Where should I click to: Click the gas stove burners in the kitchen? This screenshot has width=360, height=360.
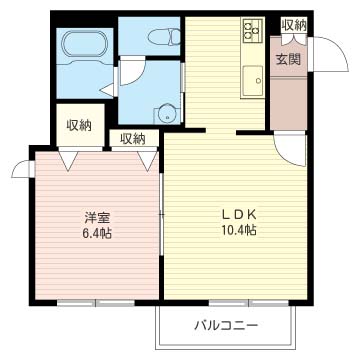click(250, 33)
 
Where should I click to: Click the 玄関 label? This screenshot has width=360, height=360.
click(288, 59)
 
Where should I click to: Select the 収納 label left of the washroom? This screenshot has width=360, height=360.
click(79, 125)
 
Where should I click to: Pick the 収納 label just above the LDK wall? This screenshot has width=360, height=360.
click(132, 139)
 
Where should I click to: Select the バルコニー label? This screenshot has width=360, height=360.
click(226, 326)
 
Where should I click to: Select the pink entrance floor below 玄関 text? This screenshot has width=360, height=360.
click(289, 100)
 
